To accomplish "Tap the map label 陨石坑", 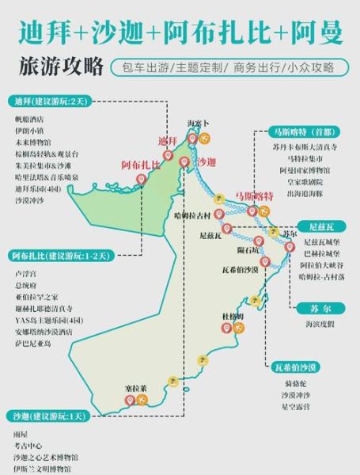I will coord(248,249).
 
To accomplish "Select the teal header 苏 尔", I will coord(305,310).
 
